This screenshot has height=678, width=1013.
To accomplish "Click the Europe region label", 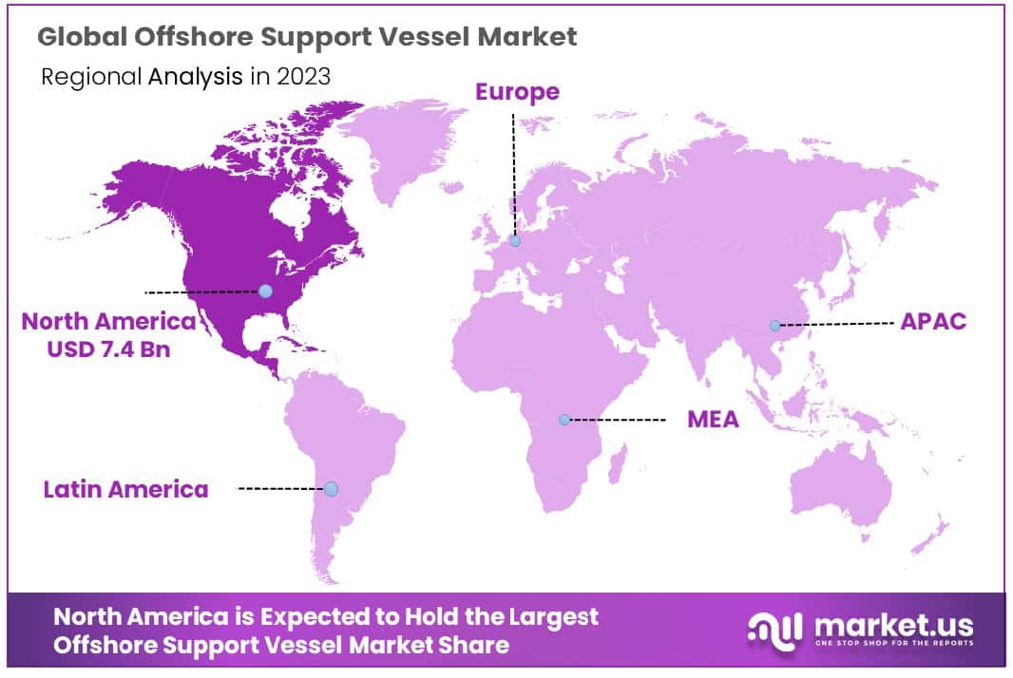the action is tap(517, 92).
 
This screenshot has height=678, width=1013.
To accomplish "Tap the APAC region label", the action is tap(933, 321).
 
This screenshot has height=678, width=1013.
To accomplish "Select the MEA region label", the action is tap(713, 419).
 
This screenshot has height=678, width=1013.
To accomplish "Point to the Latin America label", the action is tap(125, 490).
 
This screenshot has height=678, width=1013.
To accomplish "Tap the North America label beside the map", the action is tap(108, 321).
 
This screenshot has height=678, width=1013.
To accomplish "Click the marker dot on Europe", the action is tap(515, 241).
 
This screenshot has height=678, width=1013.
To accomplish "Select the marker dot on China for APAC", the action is tap(774, 326).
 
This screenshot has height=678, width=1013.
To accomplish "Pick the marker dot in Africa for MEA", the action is tap(564, 419).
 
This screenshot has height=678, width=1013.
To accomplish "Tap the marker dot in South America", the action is tap(331, 489).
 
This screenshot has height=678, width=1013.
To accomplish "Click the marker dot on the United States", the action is tap(265, 291).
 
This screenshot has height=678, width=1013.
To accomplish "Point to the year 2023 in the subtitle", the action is tap(303, 77).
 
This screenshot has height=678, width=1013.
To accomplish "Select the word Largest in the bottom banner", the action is tap(560, 616).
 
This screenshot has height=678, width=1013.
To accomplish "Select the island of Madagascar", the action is tap(616, 469).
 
